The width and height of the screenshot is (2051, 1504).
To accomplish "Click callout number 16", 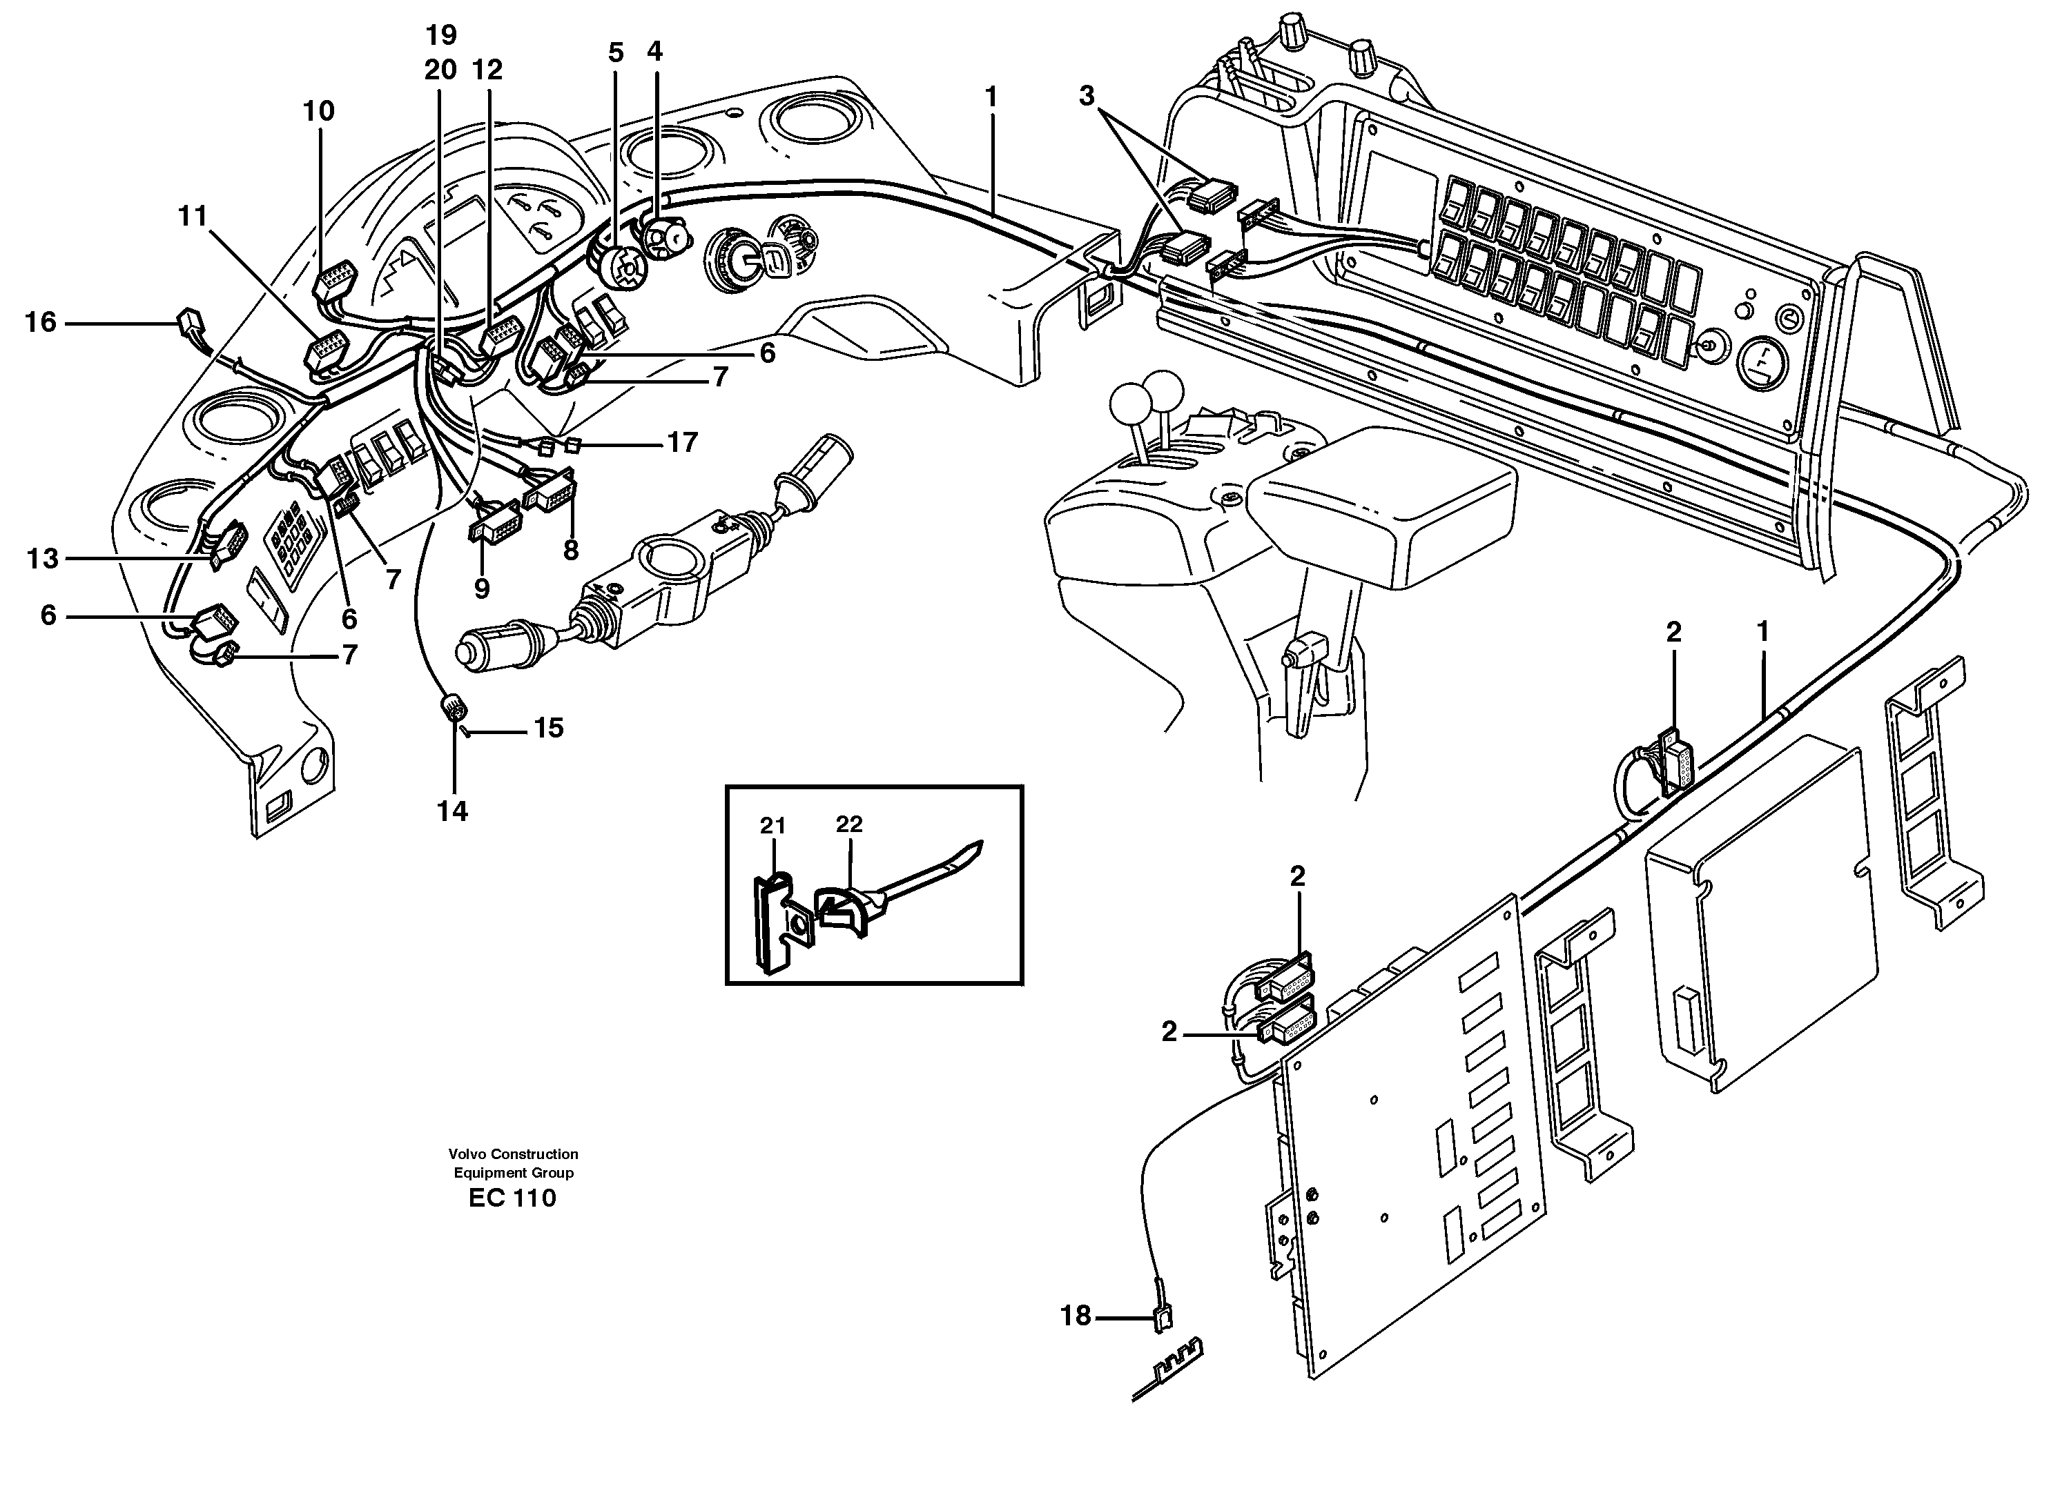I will tap(40, 322).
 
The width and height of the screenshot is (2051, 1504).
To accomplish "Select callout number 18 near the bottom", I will tap(1076, 1316).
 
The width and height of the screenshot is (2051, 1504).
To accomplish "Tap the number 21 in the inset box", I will tap(772, 826).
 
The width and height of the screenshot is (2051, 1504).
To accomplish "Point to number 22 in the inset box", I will tap(849, 824).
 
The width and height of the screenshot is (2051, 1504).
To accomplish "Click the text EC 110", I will tap(512, 1198).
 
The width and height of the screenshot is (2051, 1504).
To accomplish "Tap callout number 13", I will tap(42, 558).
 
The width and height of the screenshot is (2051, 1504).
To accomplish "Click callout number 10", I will tap(319, 111).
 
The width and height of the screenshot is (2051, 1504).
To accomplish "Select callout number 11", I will tap(192, 216).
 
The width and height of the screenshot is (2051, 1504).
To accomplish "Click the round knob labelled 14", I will tap(453, 706).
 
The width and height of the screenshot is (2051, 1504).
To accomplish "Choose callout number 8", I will tap(571, 550).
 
